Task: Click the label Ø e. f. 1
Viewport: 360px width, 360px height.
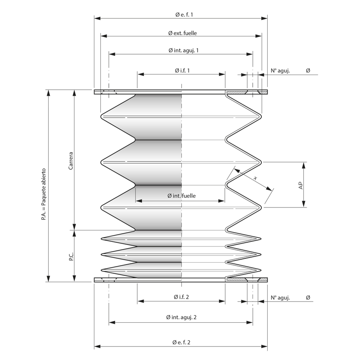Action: pos(184,15)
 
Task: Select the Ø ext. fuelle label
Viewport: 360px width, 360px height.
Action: pos(182,33)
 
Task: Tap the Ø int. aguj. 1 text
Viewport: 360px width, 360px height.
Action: pos(183,50)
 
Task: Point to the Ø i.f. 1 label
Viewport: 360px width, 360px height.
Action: pos(182,70)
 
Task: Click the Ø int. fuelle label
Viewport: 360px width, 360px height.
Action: pos(181,196)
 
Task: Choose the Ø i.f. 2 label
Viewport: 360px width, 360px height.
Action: pos(181,297)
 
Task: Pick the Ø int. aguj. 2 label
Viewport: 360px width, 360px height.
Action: pos(181,317)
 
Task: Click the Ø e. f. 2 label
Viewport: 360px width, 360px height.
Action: pos(181,343)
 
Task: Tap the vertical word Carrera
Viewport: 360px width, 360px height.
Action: pos(71,161)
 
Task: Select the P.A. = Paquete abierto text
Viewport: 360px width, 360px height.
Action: pos(44,194)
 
